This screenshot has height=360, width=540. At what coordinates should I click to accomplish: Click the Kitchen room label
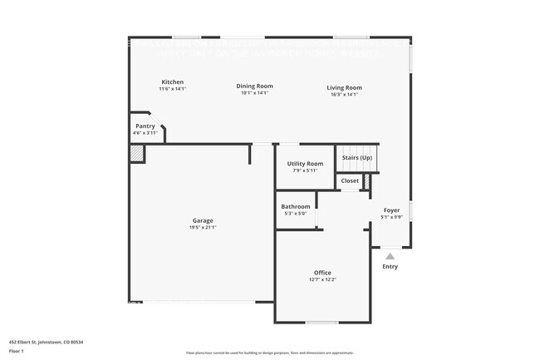(172, 81)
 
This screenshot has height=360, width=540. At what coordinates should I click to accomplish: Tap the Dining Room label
(254, 86)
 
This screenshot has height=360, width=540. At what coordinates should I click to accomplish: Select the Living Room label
(344, 87)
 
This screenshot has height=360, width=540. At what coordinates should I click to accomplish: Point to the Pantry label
(145, 126)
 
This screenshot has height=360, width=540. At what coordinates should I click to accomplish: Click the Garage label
(203, 220)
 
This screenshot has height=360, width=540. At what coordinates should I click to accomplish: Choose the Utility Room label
(305, 164)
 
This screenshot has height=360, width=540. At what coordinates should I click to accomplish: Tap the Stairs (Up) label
(356, 157)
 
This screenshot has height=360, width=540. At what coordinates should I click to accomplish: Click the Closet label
(350, 180)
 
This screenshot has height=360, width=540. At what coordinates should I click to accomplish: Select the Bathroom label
(296, 206)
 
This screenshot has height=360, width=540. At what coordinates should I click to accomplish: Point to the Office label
(322, 273)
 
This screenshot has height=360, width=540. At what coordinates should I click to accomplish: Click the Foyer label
(391, 210)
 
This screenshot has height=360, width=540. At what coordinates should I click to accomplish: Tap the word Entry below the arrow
(390, 267)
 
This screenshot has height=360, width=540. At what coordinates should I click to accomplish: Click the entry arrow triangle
(390, 255)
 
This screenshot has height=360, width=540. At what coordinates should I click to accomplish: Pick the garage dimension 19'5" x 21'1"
(203, 227)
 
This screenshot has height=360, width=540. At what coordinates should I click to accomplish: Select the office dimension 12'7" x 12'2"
(322, 279)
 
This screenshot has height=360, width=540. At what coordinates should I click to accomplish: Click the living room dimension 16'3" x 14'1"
(344, 94)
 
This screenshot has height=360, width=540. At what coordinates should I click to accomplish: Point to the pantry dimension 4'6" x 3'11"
(145, 133)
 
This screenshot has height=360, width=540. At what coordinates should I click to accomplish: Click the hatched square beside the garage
(136, 155)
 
